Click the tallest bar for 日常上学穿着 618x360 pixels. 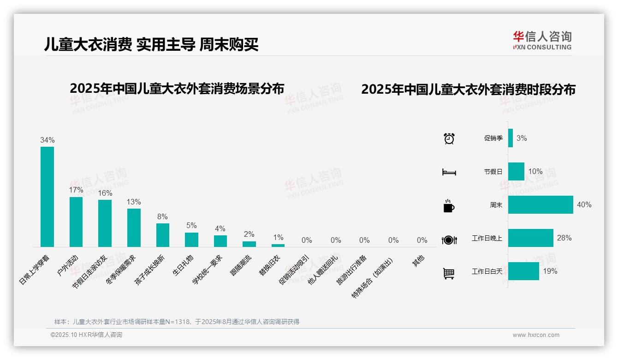pos(47,197)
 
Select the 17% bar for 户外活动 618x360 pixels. pos(76,222)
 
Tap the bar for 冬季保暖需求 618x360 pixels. pos(134,228)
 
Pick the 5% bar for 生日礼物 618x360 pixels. pos(191,240)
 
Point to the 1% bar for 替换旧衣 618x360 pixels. pos(278,246)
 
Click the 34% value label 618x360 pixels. pos(47,140)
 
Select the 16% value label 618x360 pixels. pos(105,193)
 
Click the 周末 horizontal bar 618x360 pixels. pos(541,204)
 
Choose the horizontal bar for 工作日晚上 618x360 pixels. pos(530,238)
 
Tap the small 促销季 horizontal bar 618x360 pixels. pos(511,138)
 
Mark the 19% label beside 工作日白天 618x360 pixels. pos(550,271)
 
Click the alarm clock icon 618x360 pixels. pos(449,138)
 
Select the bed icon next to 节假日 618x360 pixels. pos(449,172)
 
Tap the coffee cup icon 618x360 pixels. pos(449,206)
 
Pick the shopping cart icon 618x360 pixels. pos(449,274)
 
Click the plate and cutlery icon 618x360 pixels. pos(449,240)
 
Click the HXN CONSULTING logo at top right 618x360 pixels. pos(542,40)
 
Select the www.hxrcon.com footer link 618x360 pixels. pos(535,335)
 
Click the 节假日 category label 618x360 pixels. pos(493,172)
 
